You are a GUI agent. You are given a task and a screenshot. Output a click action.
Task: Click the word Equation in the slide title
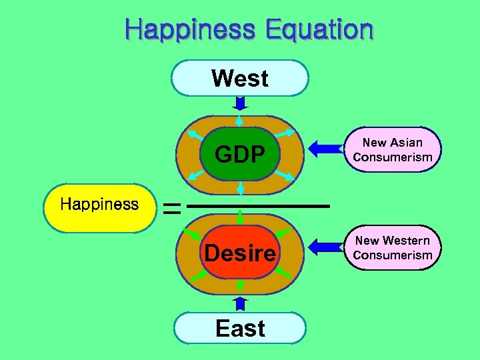(319, 30)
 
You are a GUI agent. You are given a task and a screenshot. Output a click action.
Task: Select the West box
(240, 79)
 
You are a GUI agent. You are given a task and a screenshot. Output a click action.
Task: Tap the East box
(240, 328)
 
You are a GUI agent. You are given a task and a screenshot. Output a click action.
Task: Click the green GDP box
(240, 154)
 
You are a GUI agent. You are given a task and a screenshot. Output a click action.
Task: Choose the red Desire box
(240, 253)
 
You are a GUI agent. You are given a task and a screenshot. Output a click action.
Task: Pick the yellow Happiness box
(99, 205)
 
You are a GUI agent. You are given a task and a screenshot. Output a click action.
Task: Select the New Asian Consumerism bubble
(393, 150)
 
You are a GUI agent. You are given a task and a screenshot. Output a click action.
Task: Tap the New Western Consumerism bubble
(393, 247)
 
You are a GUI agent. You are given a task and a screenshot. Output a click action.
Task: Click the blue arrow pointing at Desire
(326, 247)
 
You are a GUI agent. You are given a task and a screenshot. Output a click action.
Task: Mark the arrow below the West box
(241, 104)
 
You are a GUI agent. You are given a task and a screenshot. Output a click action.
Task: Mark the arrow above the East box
(240, 303)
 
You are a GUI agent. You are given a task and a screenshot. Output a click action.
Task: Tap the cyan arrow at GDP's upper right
(285, 133)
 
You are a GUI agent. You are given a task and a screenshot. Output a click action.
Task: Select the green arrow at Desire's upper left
(194, 234)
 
